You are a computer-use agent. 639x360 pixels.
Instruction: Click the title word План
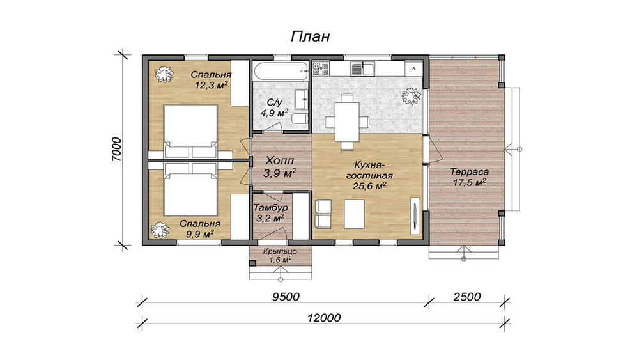(x=310, y=36)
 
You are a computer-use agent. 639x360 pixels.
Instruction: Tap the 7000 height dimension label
(x=116, y=150)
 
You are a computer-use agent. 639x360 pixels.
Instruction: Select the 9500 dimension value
(x=286, y=297)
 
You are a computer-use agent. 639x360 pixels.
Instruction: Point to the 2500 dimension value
(x=467, y=297)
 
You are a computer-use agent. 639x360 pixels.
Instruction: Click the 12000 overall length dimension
(x=324, y=318)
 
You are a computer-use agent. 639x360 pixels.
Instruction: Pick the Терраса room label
(x=470, y=172)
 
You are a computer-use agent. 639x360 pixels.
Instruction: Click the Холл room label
(x=280, y=160)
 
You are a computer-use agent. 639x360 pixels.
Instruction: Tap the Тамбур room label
(x=270, y=208)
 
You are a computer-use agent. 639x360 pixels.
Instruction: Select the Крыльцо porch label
(x=280, y=251)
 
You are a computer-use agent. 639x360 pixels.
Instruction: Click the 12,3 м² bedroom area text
(x=211, y=85)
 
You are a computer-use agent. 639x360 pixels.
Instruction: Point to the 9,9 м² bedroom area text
(x=200, y=234)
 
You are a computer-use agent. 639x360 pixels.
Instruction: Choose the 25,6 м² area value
(x=369, y=186)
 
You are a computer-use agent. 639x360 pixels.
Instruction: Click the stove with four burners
(x=321, y=68)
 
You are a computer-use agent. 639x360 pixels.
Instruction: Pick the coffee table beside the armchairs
(x=354, y=214)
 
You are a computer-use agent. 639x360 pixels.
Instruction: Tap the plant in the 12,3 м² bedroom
(x=164, y=75)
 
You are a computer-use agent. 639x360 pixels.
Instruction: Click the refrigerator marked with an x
(x=413, y=68)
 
